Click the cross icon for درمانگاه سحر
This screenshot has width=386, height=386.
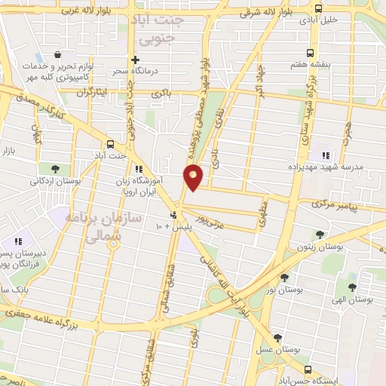pos(136,60)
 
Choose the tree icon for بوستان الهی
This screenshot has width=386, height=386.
pos(351,286)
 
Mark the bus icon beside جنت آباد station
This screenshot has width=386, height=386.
pos(112,143)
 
